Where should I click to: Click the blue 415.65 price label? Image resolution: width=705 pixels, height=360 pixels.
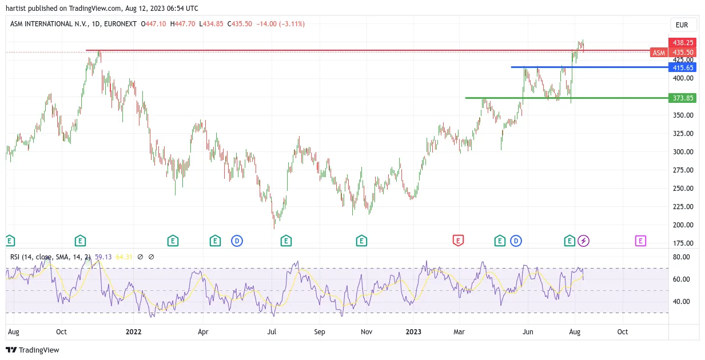pos(682,67)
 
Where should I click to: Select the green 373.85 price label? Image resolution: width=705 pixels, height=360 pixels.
pos(682,98)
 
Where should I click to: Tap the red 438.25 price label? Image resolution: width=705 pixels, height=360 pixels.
pos(682,42)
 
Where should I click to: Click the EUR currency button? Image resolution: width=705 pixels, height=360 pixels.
pos(682,25)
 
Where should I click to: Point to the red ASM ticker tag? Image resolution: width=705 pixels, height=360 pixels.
pos(659,53)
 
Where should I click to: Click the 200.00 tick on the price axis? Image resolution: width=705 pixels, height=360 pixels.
pos(683,225)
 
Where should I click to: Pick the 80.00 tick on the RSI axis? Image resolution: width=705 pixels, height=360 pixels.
pos(681,257)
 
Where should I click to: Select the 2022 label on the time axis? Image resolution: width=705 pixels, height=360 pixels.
pos(133,331)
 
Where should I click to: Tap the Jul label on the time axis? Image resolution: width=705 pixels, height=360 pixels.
pos(272,331)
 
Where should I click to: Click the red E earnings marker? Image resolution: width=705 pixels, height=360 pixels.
pos(458,241)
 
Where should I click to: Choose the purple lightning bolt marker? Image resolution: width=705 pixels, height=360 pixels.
pos(584,241)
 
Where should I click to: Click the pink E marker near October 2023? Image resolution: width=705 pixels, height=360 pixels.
pos(640,241)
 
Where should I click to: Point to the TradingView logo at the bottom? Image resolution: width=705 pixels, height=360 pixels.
pos(33,350)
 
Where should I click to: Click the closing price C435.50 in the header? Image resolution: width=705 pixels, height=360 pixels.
pos(240,24)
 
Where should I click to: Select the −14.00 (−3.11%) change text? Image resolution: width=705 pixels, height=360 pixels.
pos(280,24)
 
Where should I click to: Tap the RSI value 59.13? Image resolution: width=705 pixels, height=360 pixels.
pos(103,257)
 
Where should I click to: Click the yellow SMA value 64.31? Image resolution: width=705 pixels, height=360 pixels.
pos(124,257)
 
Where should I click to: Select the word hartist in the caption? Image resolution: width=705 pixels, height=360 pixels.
pos(16,9)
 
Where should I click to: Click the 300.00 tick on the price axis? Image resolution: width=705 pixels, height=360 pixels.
pos(683,152)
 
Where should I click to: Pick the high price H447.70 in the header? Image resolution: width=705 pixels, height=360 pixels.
pos(182,24)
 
